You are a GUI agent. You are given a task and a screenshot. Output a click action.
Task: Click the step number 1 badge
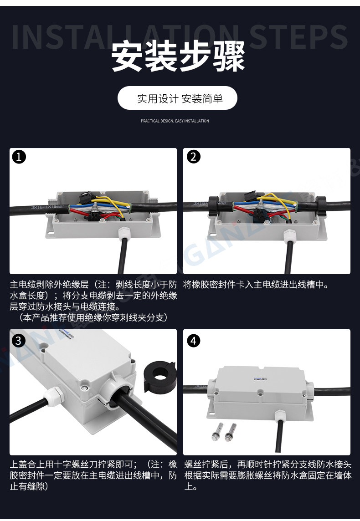pos(19,157)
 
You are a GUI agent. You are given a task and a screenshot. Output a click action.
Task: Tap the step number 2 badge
pos(194,157)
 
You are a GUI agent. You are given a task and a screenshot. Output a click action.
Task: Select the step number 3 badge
pos(19,340)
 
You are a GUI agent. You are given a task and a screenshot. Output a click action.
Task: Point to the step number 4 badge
pos(194,341)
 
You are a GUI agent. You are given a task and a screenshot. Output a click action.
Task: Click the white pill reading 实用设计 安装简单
pos(178,98)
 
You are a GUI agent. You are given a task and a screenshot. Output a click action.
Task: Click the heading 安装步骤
pos(178,56)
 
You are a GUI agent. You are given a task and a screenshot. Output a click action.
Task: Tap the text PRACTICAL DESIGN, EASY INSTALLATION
pos(175,121)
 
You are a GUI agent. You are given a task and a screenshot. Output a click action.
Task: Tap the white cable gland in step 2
pos(289,235)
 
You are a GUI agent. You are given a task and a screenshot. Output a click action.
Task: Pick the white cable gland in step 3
pos(53,397)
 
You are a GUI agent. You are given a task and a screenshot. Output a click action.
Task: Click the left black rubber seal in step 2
pos(214,206)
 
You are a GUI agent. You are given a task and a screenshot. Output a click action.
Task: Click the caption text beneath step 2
pos(256,285)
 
